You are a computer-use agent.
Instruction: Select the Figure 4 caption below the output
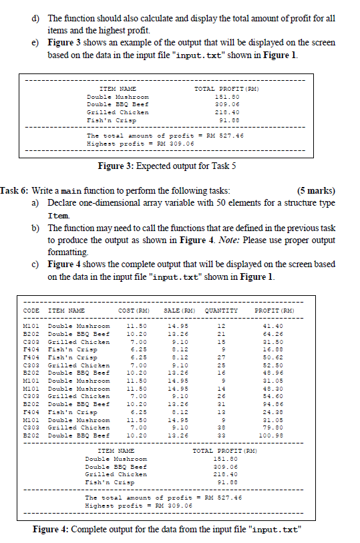pyautogui.click(x=166, y=530)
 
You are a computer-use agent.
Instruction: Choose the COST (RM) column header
pyautogui.click(x=132, y=311)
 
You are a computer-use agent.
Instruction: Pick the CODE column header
pyautogui.click(x=31, y=311)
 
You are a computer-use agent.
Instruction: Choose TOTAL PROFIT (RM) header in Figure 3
pyautogui.click(x=226, y=88)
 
